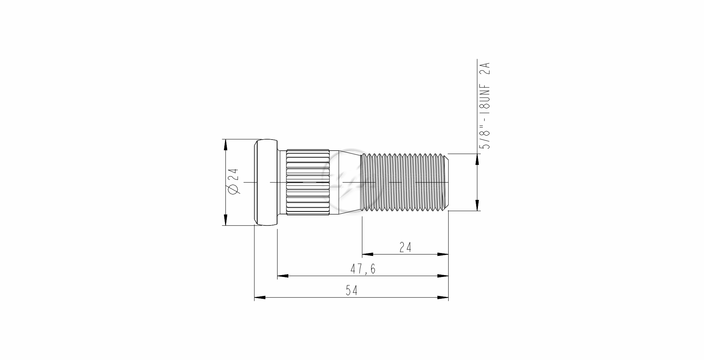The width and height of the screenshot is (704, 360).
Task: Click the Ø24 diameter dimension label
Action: pyautogui.click(x=234, y=181)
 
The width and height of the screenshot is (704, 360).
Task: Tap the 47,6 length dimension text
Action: pyautogui.click(x=363, y=269)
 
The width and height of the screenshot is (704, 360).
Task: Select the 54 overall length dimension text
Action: pyautogui.click(x=351, y=291)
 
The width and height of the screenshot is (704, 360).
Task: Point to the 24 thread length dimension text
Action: pyautogui.click(x=405, y=247)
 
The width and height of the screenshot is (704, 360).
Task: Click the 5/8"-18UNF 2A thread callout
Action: pyautogui.click(x=485, y=106)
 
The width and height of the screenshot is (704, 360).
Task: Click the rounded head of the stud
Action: pyautogui.click(x=266, y=182)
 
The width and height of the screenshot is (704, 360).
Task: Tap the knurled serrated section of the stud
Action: pyautogui.click(x=308, y=182)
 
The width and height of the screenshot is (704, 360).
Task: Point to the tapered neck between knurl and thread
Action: pyautogui.click(x=345, y=182)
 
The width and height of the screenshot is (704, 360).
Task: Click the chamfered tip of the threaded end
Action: pyautogui.click(x=446, y=182)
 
